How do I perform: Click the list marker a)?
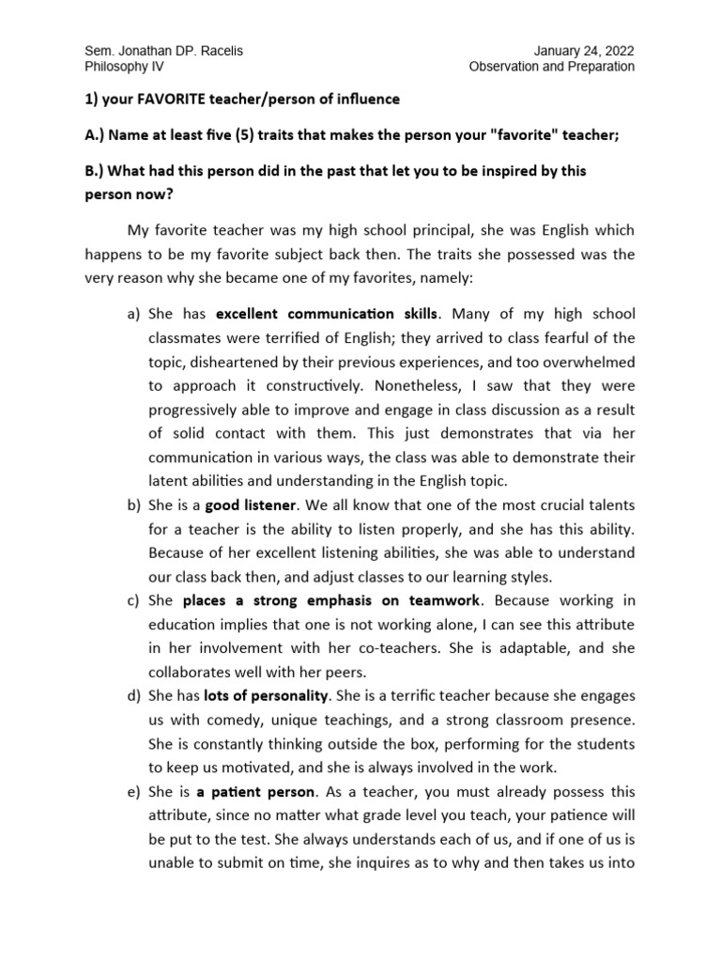132,314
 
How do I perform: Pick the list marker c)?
132,599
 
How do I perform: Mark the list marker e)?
132,793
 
